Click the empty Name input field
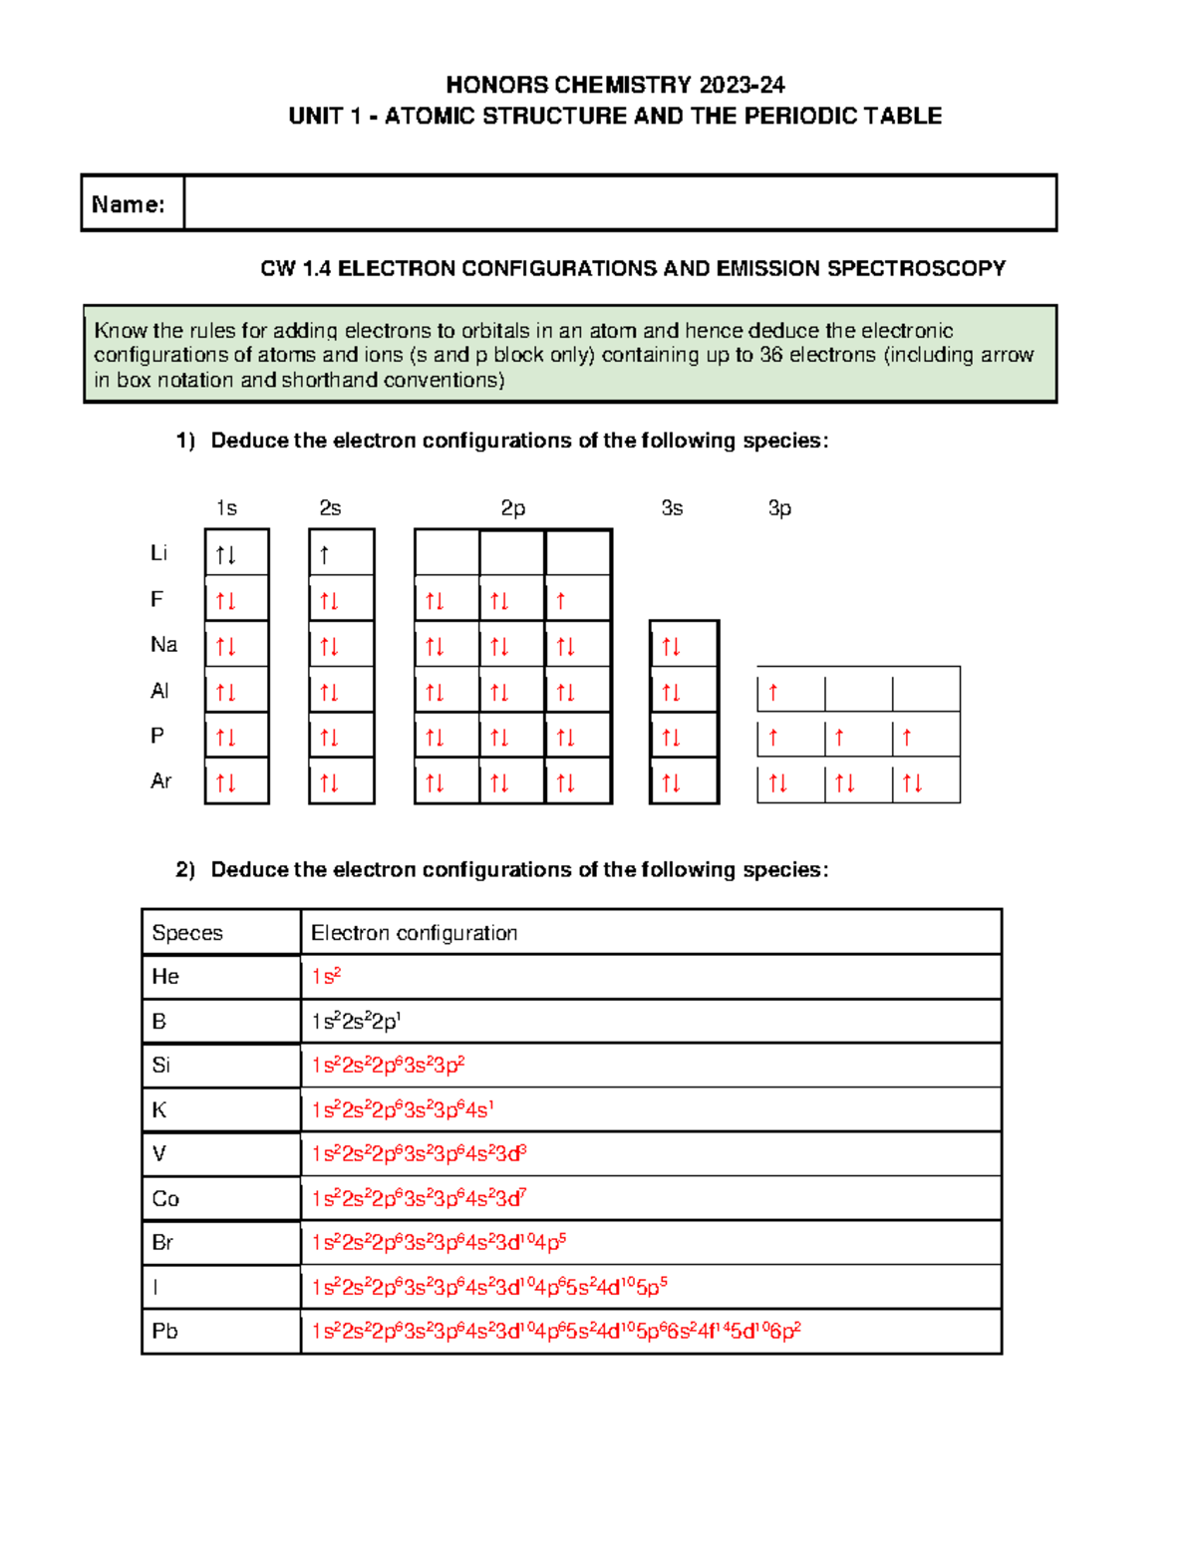pyautogui.click(x=620, y=203)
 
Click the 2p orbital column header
pyautogui.click(x=512, y=508)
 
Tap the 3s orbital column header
pyautogui.click(x=672, y=508)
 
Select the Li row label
pyautogui.click(x=158, y=553)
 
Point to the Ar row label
pyautogui.click(x=160, y=781)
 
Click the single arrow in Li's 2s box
pyautogui.click(x=325, y=555)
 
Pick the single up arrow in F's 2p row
pyautogui.click(x=561, y=601)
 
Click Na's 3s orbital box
pyautogui.click(x=683, y=646)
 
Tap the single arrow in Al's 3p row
pyautogui.click(x=773, y=692)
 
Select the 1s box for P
pyautogui.click(x=236, y=737)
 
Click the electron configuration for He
pyautogui.click(x=326, y=977)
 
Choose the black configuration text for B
pyautogui.click(x=356, y=1022)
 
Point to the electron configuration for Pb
pyautogui.click(x=556, y=1332)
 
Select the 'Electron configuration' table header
pyautogui.click(x=414, y=933)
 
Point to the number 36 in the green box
pyautogui.click(x=770, y=355)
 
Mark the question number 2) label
pyautogui.click(x=185, y=870)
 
